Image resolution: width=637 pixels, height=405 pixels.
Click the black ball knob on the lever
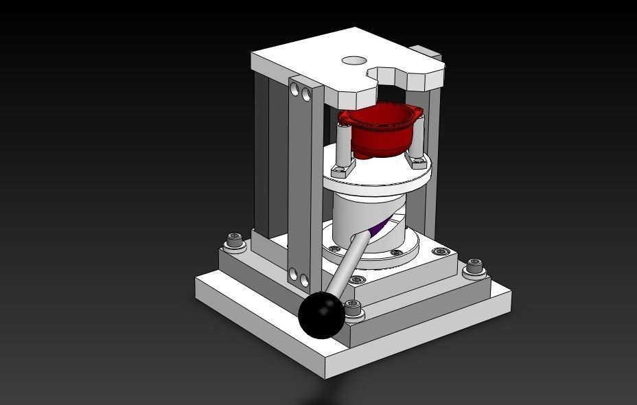(x=321, y=315)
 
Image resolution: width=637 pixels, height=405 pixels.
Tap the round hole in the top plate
(x=354, y=60)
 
